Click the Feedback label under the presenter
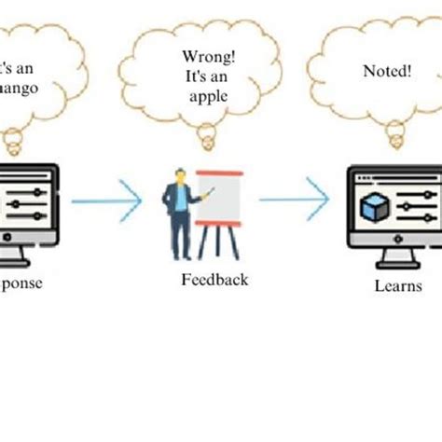[214, 278]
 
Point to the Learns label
[394, 286]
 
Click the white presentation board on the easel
[220, 200]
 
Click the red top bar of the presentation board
[220, 173]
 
